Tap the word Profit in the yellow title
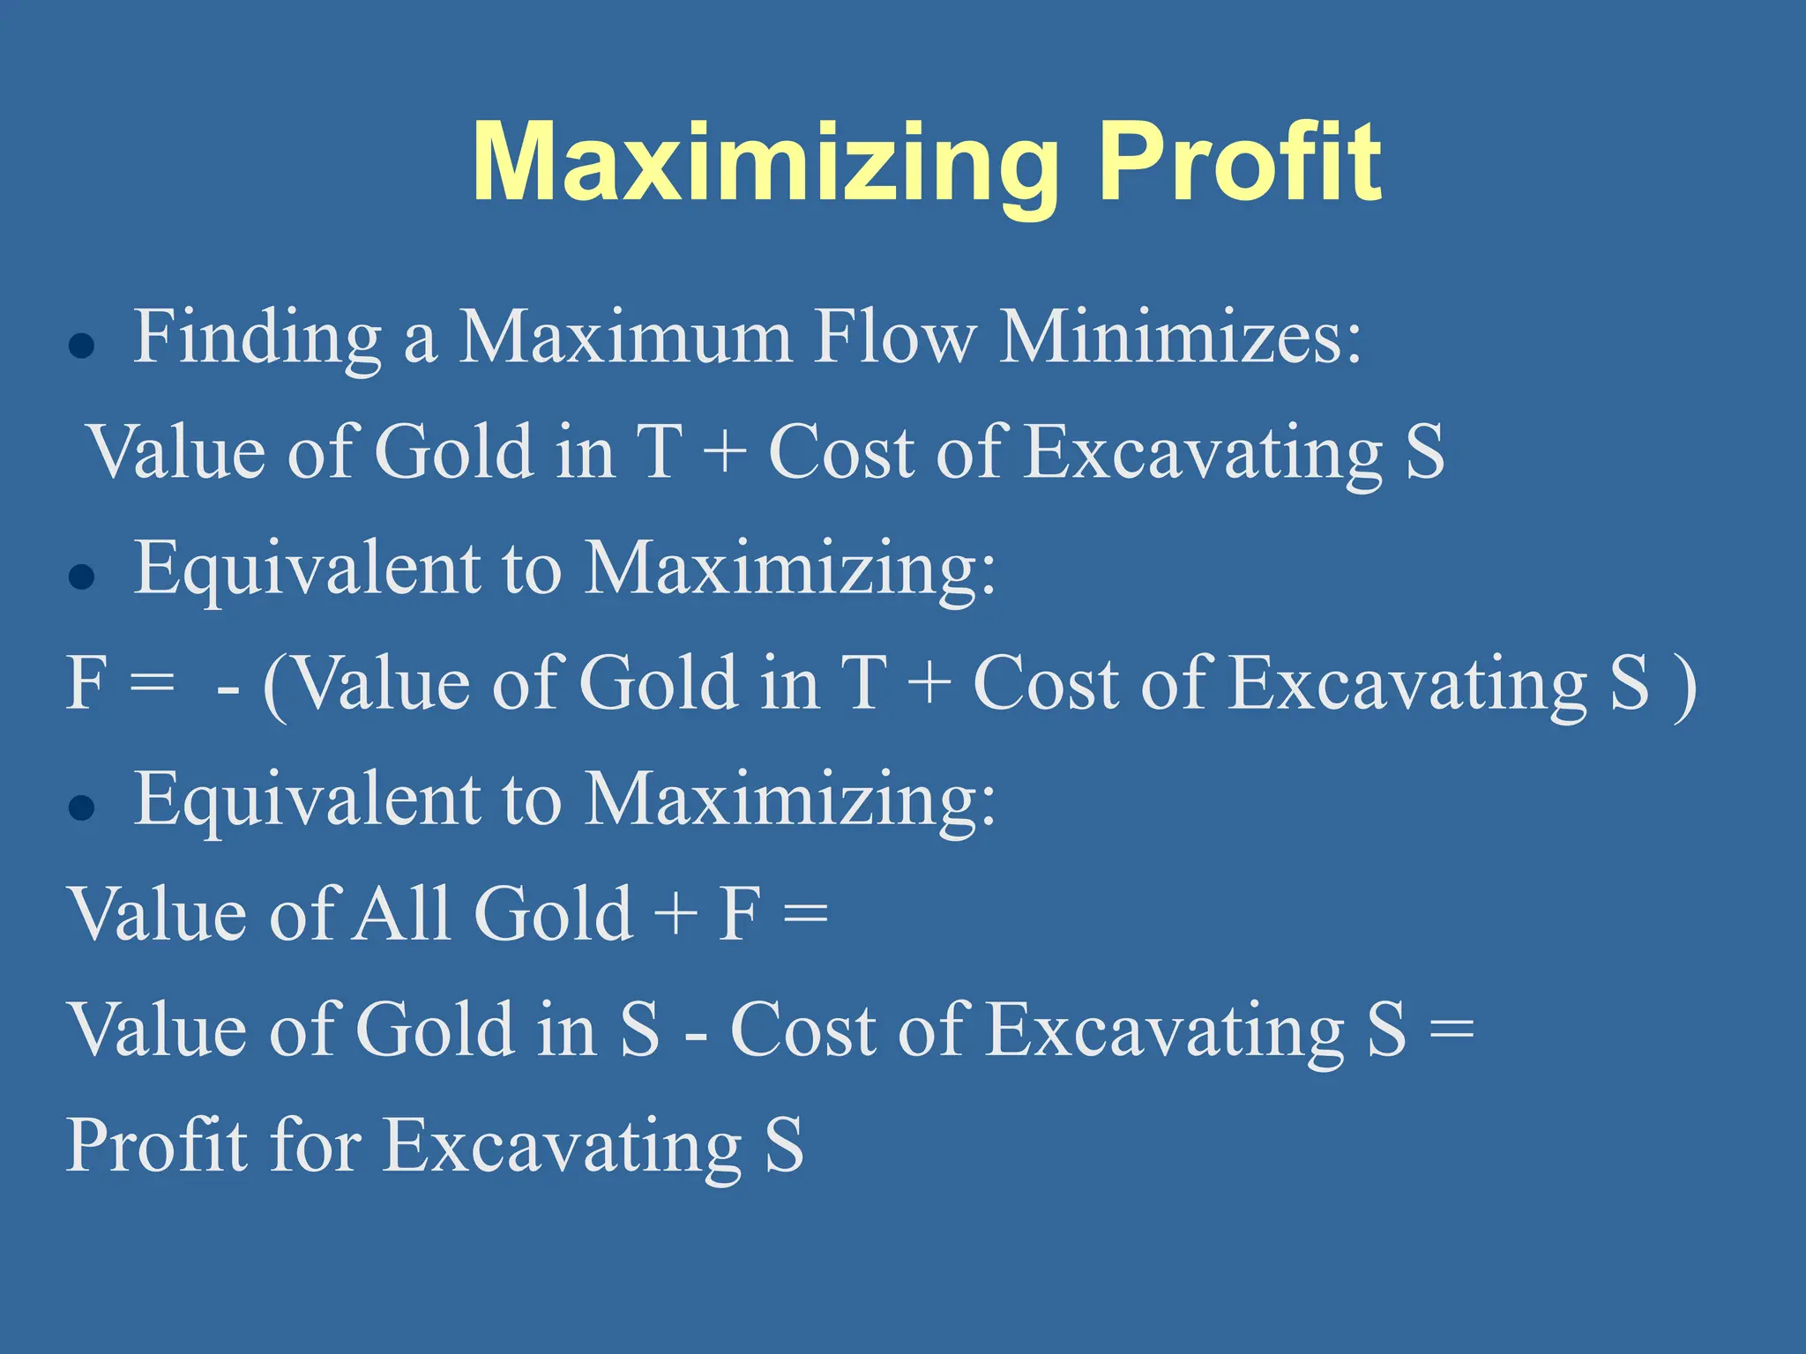(x=1241, y=163)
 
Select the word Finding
(x=257, y=338)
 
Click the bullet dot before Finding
(x=81, y=346)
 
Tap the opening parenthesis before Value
(x=275, y=686)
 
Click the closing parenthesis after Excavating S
(x=1685, y=686)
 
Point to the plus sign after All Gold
(x=675, y=913)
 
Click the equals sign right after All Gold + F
(x=805, y=913)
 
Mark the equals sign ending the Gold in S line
(x=1451, y=1030)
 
